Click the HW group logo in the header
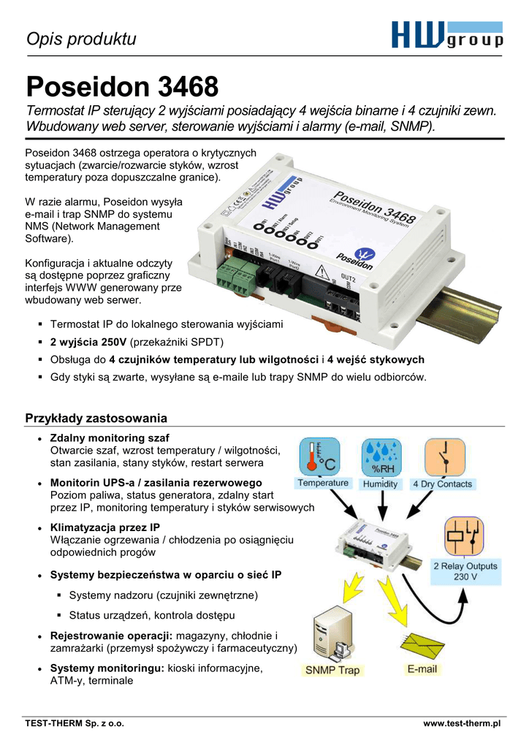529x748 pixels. click(x=446, y=34)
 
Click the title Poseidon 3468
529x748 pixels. click(x=122, y=88)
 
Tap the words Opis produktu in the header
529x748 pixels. click(x=81, y=39)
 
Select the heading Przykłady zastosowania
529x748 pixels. click(x=96, y=418)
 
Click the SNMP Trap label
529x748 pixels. click(x=332, y=670)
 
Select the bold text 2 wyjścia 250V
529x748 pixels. click(x=88, y=342)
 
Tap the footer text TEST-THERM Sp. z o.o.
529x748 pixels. click(x=75, y=723)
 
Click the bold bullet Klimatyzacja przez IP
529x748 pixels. click(x=104, y=527)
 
